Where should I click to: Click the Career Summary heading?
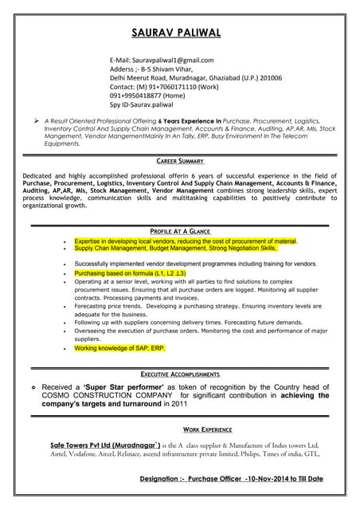pyautogui.click(x=180, y=160)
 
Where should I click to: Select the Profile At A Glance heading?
pyautogui.click(x=180, y=231)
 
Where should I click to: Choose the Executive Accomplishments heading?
pyautogui.click(x=180, y=374)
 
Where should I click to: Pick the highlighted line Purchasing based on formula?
pyautogui.click(x=130, y=273)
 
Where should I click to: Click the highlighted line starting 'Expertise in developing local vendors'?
pyautogui.click(x=185, y=241)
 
